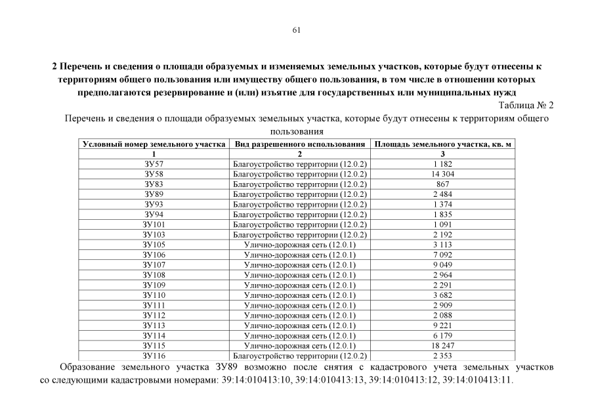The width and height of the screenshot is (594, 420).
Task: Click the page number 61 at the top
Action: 296,30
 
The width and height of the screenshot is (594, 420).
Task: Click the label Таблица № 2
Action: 526,105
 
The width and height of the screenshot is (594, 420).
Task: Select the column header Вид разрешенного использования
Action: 300,144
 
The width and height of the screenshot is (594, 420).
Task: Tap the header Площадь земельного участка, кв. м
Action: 442,144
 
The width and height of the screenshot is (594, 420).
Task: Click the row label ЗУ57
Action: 154,163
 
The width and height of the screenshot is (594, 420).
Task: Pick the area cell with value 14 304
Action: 443,174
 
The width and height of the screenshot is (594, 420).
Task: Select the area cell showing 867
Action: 443,184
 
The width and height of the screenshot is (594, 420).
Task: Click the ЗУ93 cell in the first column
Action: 154,204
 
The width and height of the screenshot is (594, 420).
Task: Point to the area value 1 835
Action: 443,214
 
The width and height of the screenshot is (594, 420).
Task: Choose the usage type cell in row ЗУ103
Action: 300,234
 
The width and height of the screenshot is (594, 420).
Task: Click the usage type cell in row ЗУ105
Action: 300,244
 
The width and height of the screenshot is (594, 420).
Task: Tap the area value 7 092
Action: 443,255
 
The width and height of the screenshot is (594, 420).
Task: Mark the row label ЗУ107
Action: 154,264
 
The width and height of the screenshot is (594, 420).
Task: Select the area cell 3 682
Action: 443,295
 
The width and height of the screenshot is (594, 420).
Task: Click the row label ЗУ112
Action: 154,315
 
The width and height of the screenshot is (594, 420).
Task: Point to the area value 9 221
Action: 443,325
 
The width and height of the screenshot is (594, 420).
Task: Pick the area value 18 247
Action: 443,345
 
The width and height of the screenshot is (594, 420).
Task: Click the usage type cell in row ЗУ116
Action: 300,356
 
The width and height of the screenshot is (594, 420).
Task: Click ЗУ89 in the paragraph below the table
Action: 226,366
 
